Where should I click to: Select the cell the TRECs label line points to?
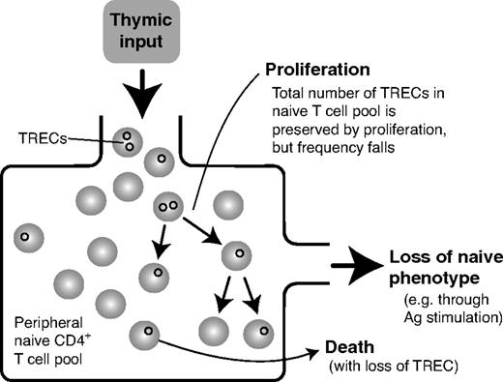(x=127, y=142)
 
